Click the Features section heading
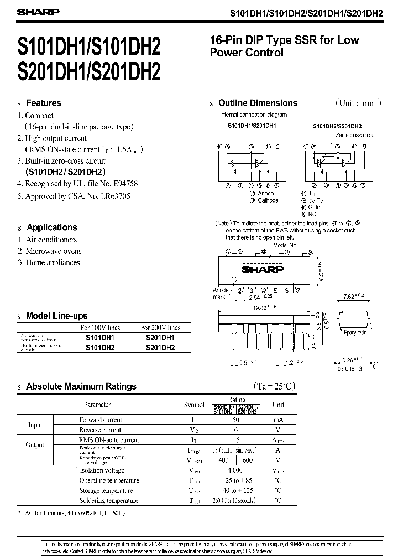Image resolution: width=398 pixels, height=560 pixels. click(x=44, y=103)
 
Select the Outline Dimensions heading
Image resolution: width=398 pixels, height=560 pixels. click(x=258, y=103)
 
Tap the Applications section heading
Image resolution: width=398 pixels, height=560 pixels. click(x=51, y=227)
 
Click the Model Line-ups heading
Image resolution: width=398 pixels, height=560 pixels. click(x=56, y=315)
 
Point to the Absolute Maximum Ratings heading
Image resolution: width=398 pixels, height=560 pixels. click(x=81, y=386)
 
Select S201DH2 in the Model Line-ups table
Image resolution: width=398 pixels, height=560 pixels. click(x=160, y=348)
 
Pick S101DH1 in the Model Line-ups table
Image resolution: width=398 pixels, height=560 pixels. click(x=99, y=338)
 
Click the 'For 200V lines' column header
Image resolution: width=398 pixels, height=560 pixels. click(x=160, y=328)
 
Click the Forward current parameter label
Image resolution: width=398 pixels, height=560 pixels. click(x=100, y=420)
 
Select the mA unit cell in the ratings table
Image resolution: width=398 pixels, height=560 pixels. click(x=278, y=420)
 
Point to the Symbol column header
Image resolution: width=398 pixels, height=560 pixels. click(x=194, y=405)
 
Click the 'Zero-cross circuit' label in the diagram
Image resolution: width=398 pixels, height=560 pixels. click(x=356, y=134)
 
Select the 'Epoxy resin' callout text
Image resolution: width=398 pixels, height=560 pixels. click(x=355, y=334)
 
